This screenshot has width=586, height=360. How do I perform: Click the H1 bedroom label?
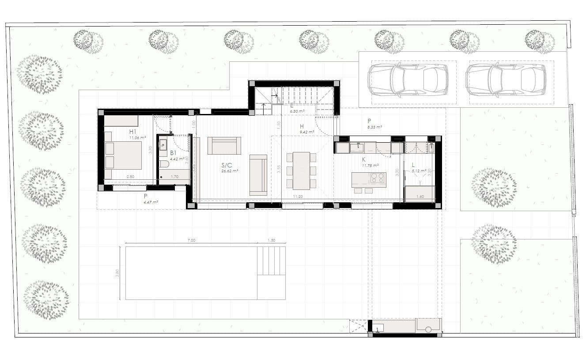133,132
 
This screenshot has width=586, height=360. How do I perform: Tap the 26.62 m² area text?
230,171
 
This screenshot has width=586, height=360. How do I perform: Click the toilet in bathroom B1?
164,164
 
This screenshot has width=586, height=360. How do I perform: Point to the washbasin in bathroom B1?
163,144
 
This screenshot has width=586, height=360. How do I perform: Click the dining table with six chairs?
301,171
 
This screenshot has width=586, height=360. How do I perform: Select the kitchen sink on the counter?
357,147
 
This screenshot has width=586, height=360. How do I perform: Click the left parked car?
408,80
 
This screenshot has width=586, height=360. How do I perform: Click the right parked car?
506,80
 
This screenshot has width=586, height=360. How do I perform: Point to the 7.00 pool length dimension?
191,240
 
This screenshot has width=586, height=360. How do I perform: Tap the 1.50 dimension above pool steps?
271,240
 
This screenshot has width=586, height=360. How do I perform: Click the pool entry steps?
271,261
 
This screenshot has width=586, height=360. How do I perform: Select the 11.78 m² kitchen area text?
370,166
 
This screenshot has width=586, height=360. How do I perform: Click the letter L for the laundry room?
413,165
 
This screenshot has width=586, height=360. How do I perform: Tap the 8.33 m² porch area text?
375,126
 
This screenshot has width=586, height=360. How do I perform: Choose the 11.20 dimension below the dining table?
297,197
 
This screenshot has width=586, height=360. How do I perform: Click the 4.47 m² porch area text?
151,202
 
